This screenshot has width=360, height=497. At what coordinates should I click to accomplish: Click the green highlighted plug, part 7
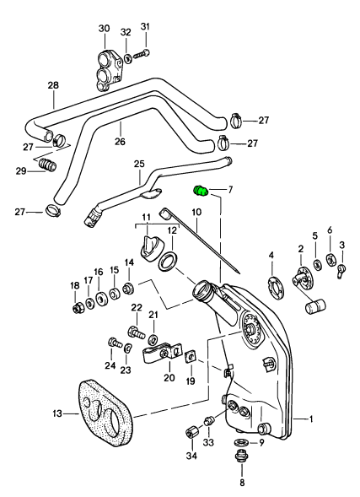tap(200, 192)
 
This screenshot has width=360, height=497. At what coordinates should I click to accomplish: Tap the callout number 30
tap(104, 28)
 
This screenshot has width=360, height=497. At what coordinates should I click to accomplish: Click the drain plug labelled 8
tap(242, 457)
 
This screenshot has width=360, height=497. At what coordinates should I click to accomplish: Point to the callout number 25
tap(139, 164)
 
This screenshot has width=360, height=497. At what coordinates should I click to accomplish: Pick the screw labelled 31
tap(141, 53)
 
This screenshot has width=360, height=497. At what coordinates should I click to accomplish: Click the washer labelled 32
tap(127, 58)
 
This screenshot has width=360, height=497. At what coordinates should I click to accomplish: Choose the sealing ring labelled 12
tap(166, 262)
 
